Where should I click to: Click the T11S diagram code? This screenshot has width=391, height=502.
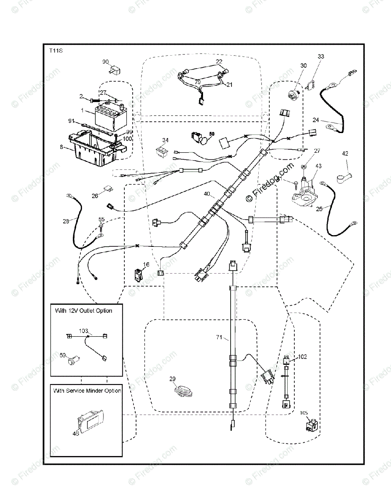tap(56, 51)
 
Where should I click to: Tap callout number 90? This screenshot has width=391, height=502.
tap(106, 62)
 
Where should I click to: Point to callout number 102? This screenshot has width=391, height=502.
tap(302, 356)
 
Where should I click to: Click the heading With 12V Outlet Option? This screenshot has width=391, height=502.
tap(83, 311)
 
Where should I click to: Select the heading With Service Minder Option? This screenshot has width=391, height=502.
tap(87, 390)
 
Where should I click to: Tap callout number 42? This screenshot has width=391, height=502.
tap(345, 154)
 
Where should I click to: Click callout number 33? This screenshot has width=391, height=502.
tap(321, 56)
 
